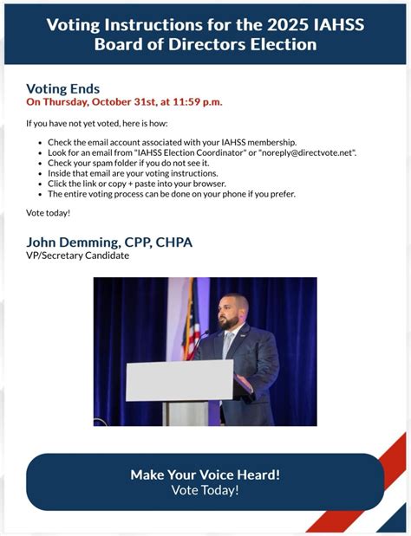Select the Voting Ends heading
(x=62, y=88)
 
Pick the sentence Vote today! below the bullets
(x=48, y=213)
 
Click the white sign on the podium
(x=179, y=380)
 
